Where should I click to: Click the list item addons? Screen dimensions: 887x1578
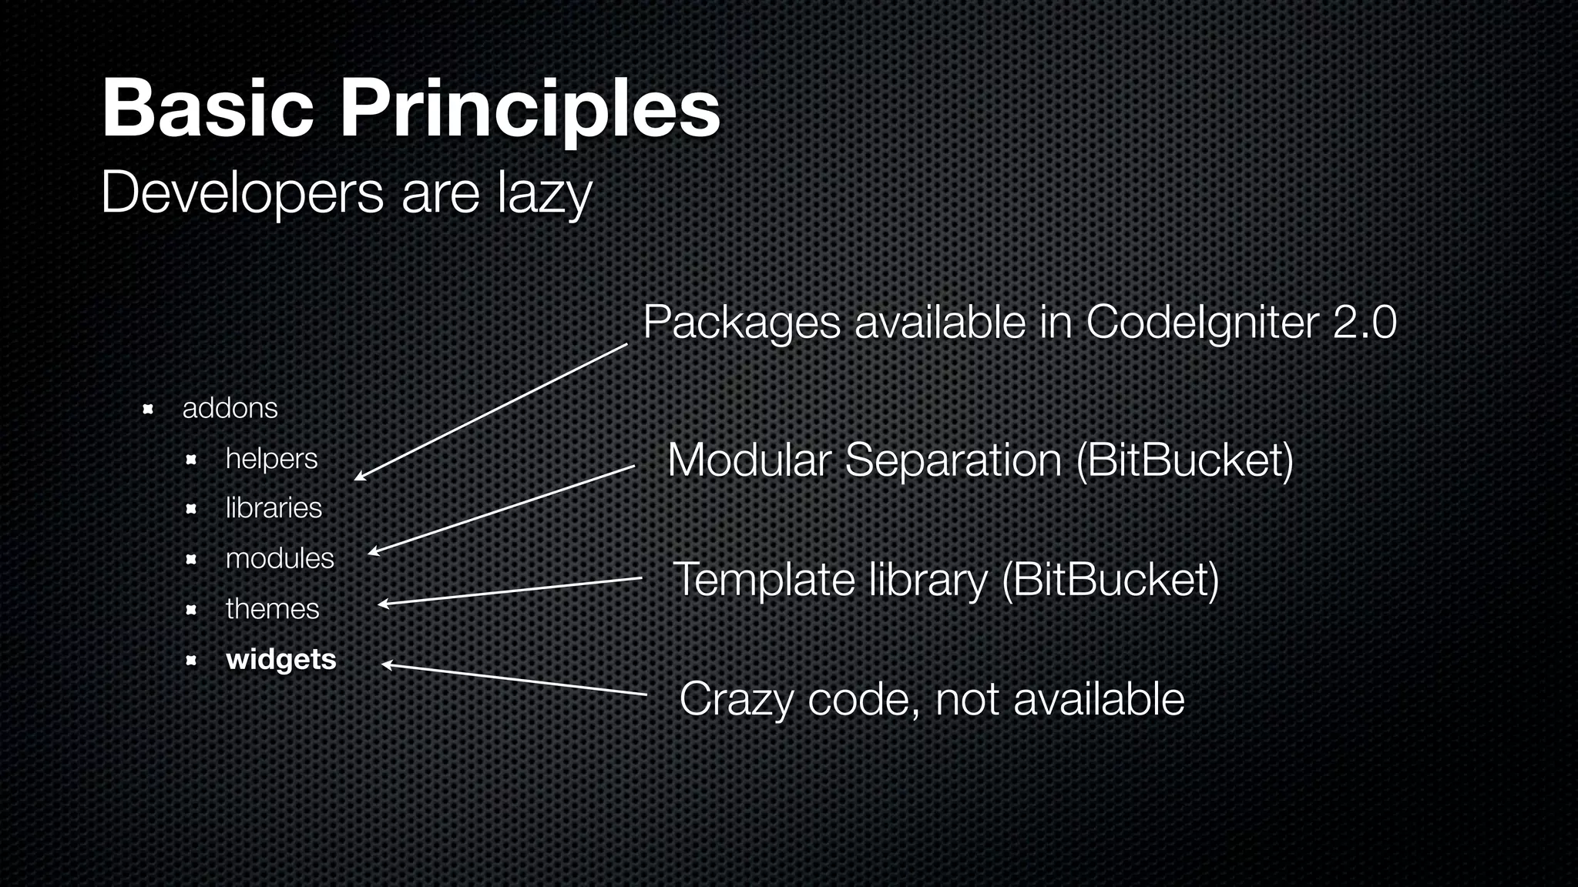pos(230,408)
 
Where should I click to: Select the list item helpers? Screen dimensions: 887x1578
pos(271,459)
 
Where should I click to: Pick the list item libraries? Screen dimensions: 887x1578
pos(274,508)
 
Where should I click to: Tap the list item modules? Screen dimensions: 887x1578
pos(280,558)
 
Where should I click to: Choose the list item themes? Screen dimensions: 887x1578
pos(272,609)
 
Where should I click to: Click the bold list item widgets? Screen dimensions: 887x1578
pos(281,660)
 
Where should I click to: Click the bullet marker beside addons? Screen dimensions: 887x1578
pos(148,408)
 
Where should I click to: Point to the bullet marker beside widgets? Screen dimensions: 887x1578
pos(191,660)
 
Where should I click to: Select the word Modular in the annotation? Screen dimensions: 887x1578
pos(749,460)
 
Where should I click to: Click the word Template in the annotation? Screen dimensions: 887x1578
pos(764,580)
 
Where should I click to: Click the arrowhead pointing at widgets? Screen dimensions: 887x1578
pos(387,664)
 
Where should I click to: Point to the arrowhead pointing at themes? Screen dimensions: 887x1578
pos(383,604)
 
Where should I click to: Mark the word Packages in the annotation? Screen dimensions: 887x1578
pos(741,322)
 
